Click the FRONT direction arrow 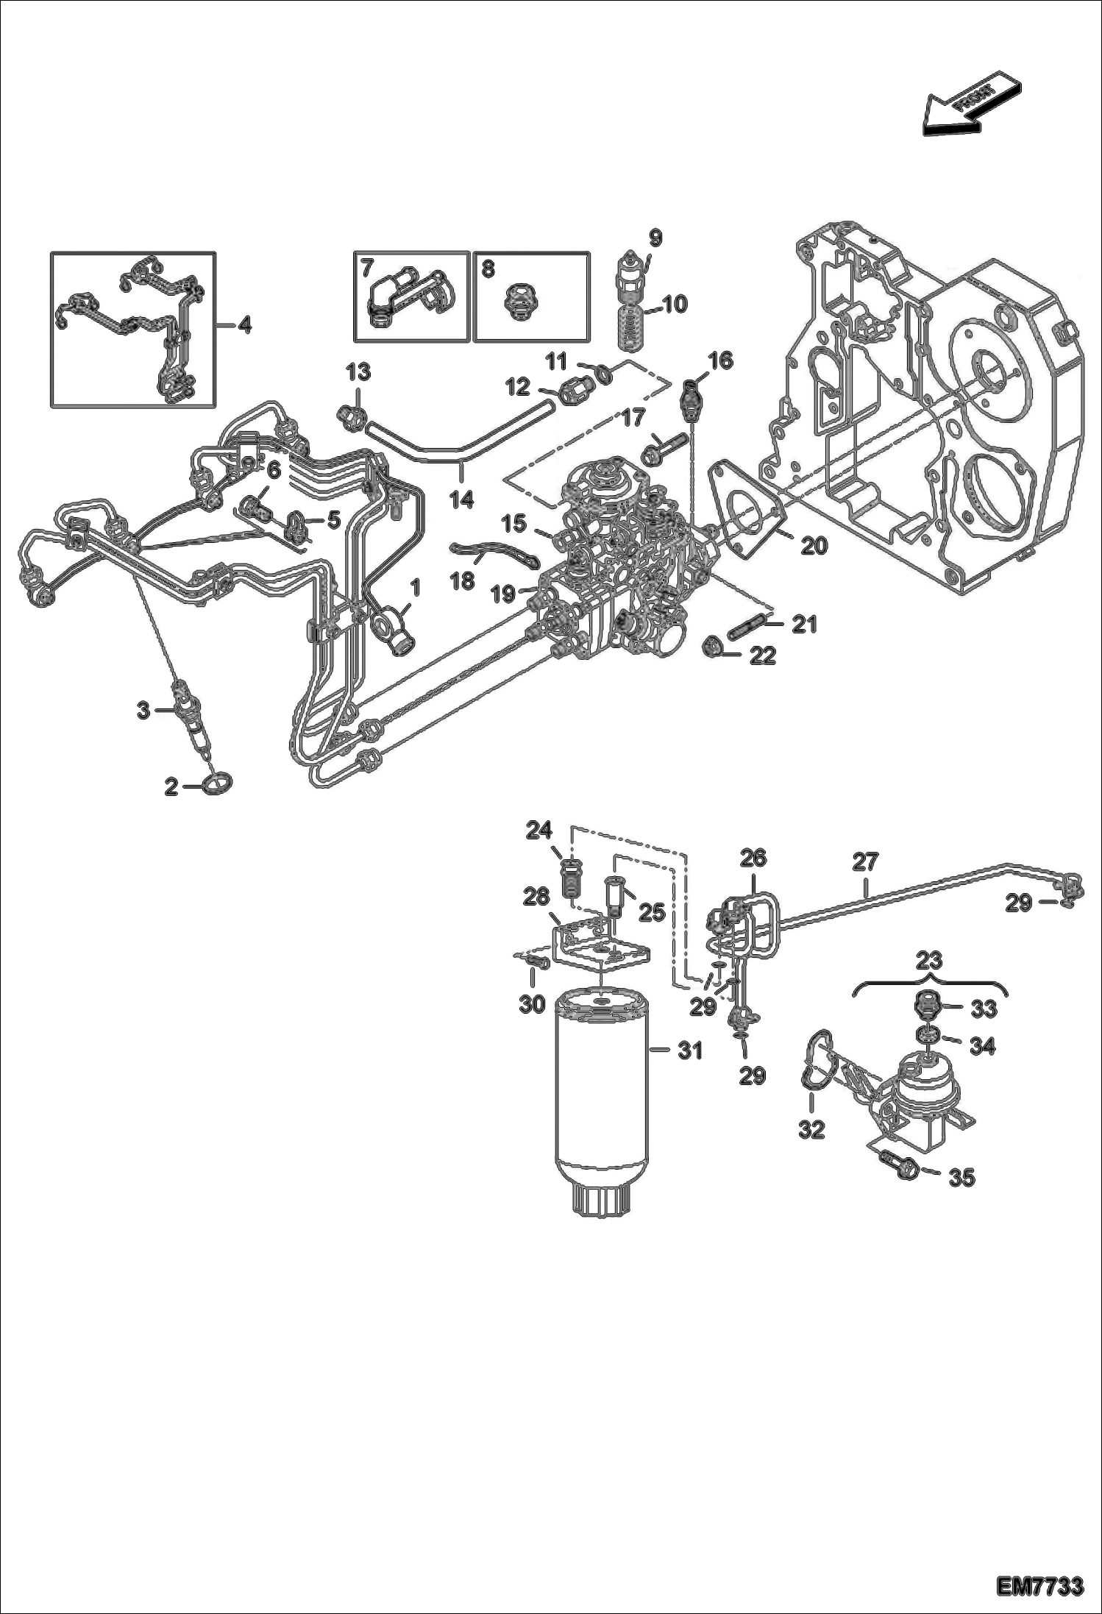[x=969, y=105]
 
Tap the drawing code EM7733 [x=1039, y=1586]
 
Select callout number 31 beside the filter [x=689, y=1051]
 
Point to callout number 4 [x=243, y=324]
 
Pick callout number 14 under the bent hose [x=461, y=500]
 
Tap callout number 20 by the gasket [x=814, y=546]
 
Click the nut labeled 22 [x=711, y=647]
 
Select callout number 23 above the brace [x=929, y=960]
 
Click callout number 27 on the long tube [x=866, y=861]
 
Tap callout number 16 [x=720, y=360]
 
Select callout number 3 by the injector [x=143, y=710]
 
